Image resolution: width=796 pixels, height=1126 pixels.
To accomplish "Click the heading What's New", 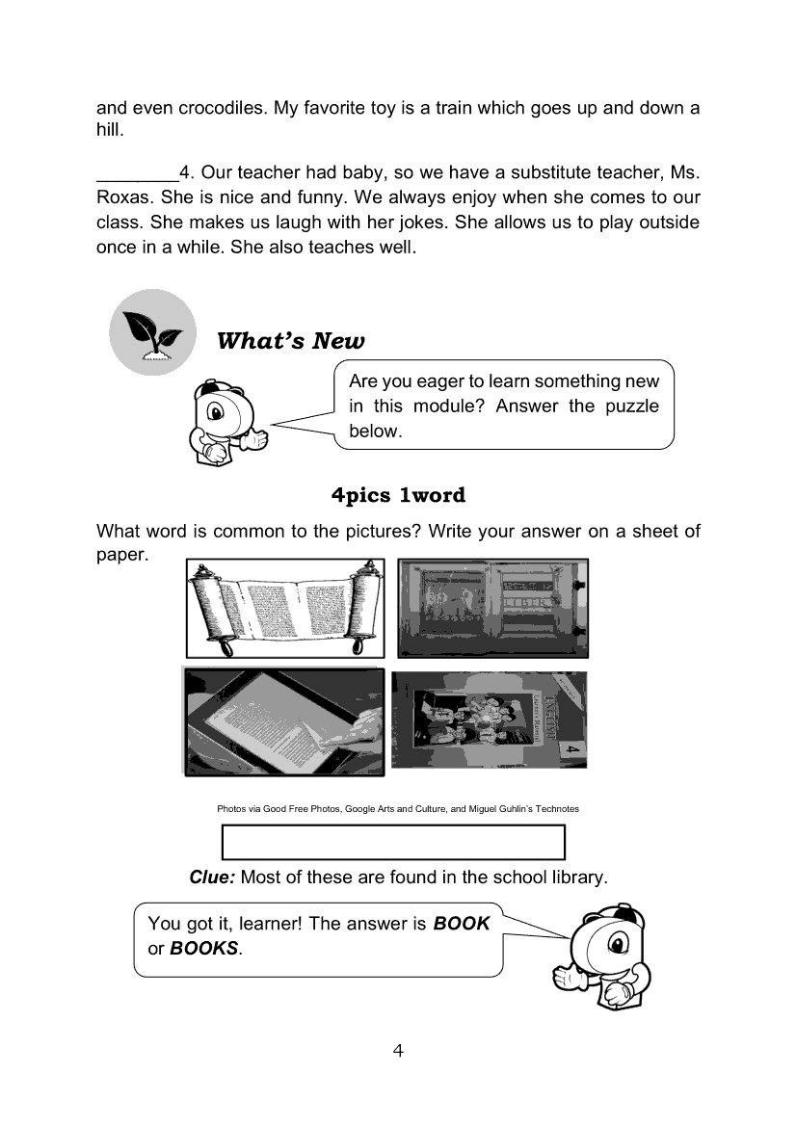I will point(291,341).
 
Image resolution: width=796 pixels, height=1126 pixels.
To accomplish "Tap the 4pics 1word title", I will point(398,496).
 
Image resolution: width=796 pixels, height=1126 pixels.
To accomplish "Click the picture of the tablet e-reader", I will point(283,721).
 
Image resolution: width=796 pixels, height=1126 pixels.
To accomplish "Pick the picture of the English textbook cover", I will point(489,721).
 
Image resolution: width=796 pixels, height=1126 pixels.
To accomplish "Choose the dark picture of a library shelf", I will point(491,608).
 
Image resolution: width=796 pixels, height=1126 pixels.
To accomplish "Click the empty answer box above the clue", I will point(393,842).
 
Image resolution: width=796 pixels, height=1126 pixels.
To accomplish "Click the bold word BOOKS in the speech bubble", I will point(203,948).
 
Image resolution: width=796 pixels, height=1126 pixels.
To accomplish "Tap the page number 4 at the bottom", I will point(398,1050).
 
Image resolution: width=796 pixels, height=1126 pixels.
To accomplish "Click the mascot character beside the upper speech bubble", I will point(225,420).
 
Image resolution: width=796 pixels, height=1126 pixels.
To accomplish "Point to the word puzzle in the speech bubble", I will point(632,406).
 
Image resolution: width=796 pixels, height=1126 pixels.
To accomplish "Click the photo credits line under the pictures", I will point(398,809).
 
